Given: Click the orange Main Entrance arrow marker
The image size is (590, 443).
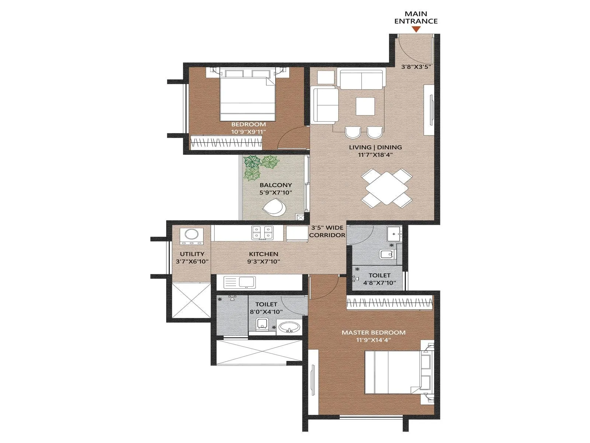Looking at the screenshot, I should point(416,30).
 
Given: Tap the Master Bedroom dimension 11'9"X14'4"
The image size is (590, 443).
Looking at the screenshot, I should point(373,340).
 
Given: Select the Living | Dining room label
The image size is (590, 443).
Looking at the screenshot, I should point(375,147).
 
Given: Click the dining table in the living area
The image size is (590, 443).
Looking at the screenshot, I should point(386,187).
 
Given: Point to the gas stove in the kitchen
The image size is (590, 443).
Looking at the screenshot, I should point(262,233).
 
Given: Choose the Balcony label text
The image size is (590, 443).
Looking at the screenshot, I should point(275,185).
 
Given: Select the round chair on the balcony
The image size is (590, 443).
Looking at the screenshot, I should point(274,207).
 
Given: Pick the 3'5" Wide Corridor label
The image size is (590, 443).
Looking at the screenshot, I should point(327,231).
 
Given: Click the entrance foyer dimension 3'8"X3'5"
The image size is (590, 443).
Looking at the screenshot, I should point(416,67).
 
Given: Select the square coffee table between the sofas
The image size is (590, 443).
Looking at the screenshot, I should point(365,106).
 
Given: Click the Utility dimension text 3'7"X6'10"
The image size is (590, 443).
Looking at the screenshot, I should point(192,261).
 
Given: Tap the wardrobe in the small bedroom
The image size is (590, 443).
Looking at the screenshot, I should point(226,142).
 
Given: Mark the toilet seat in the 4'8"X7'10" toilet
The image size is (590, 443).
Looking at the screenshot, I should point(386,254).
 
